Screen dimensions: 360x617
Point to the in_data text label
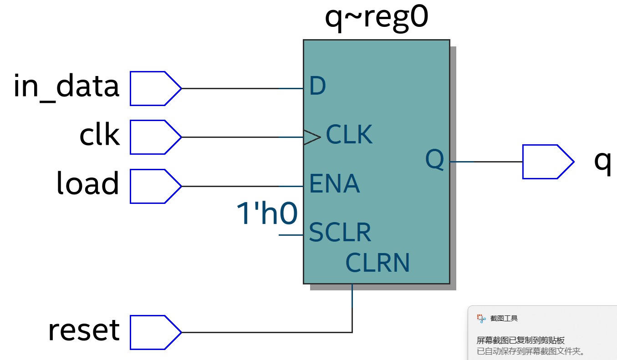[66, 86]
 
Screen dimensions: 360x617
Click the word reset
[84, 330]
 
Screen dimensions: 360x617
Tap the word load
[87, 183]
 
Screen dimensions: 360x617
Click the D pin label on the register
[317, 86]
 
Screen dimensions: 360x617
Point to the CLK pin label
[349, 135]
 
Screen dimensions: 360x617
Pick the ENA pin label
[335, 184]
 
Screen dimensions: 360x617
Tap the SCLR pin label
[340, 233]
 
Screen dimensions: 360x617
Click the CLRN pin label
[377, 263]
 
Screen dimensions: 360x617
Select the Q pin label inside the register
[434, 160]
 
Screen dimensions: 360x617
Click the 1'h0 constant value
[267, 213]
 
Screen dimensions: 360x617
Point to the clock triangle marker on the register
[312, 137]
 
